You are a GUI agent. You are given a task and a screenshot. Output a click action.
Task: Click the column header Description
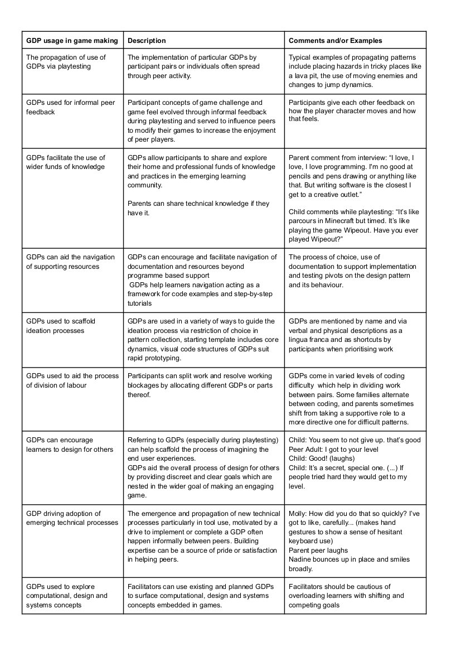pos(147,41)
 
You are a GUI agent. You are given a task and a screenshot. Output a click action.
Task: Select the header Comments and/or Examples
pos(335,41)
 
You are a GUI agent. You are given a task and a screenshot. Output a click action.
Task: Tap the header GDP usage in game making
pos(72,41)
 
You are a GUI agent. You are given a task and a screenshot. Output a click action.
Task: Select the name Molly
pos(297,513)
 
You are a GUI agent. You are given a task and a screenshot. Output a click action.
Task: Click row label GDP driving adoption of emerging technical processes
pos(72,518)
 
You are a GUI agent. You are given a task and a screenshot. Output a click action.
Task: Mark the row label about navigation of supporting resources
pos(70,262)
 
